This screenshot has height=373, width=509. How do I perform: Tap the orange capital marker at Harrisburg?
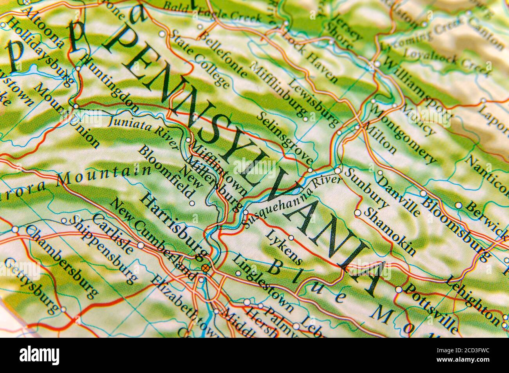[x=205, y=268]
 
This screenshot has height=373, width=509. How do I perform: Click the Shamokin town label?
[x=390, y=231]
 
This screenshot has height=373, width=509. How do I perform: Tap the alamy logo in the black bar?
[x=40, y=355]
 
